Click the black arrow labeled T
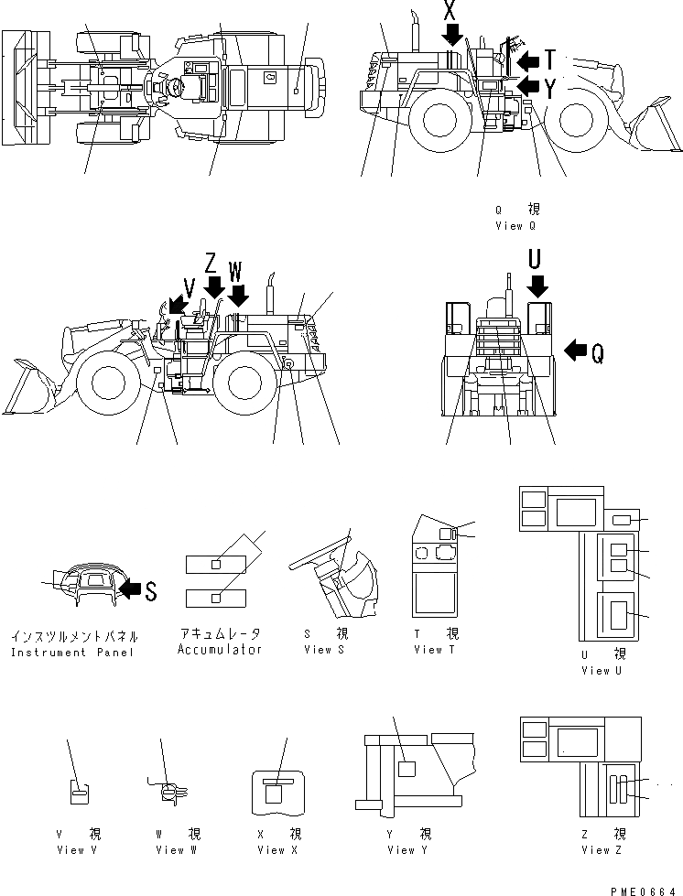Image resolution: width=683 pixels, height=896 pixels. coord(527,61)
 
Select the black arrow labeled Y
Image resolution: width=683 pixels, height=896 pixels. coord(527,87)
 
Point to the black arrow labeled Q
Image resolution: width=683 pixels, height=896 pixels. coord(575,350)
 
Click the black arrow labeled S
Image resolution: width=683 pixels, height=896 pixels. coord(131,591)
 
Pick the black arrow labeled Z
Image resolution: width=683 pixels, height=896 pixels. coord(214,289)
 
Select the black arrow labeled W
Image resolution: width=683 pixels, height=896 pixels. coord(239,296)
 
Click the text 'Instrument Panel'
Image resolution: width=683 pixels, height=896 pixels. coord(72,653)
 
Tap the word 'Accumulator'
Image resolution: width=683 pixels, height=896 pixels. coord(221,650)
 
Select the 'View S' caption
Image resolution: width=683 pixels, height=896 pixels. coord(326,650)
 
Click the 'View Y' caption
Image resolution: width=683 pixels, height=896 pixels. coord(402,850)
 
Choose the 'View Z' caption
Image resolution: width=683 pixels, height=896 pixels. coord(602,850)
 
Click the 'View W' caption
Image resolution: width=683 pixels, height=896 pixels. coord(170,850)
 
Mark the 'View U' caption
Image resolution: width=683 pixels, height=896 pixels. coord(602,671)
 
